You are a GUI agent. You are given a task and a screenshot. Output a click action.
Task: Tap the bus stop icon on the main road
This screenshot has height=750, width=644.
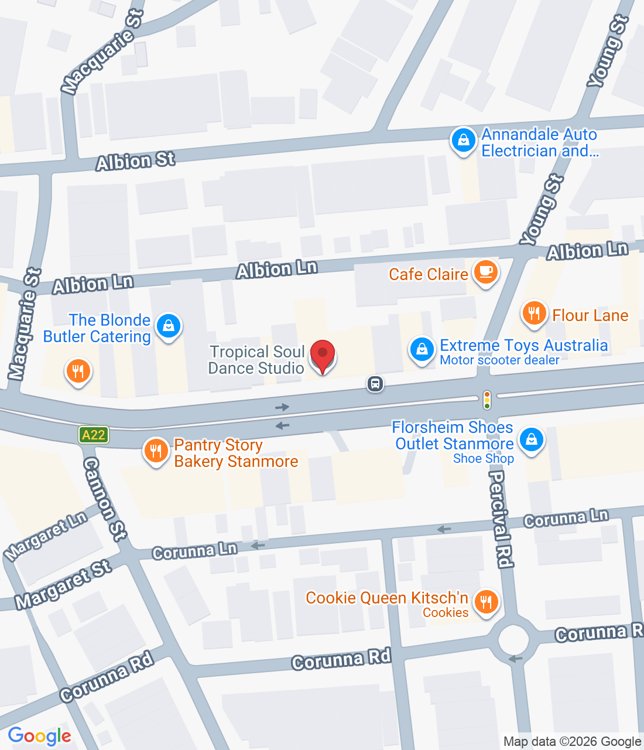[x=375, y=384]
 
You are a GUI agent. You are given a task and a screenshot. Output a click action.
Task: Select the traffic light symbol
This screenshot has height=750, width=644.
[x=487, y=400]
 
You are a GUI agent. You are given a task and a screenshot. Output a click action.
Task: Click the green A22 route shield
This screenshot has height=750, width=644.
[x=94, y=435]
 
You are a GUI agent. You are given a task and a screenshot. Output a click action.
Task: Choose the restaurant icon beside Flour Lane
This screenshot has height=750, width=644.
[x=533, y=313]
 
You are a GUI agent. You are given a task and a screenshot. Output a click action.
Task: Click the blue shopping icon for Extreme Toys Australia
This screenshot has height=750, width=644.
[x=421, y=349]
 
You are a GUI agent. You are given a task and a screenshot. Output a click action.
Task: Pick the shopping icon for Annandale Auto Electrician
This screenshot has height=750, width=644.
[x=463, y=141]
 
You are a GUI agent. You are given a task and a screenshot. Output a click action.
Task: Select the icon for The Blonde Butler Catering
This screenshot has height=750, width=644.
[x=169, y=325]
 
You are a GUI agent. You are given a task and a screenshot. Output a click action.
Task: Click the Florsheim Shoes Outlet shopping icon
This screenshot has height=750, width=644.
[x=531, y=439]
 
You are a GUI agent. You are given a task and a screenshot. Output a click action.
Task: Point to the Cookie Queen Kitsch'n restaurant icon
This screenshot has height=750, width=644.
[x=485, y=602]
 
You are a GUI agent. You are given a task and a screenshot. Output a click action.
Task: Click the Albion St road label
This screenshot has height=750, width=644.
[x=136, y=161]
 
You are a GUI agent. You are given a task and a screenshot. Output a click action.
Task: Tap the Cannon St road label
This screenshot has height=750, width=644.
[x=104, y=499]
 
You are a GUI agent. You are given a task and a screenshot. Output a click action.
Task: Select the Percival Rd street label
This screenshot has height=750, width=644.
[x=501, y=519]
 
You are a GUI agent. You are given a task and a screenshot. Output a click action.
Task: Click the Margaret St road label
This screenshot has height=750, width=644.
[x=63, y=584]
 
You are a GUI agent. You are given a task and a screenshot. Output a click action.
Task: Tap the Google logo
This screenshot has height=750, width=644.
[x=40, y=736]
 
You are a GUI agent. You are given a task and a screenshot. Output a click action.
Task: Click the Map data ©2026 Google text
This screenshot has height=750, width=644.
[x=572, y=742]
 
